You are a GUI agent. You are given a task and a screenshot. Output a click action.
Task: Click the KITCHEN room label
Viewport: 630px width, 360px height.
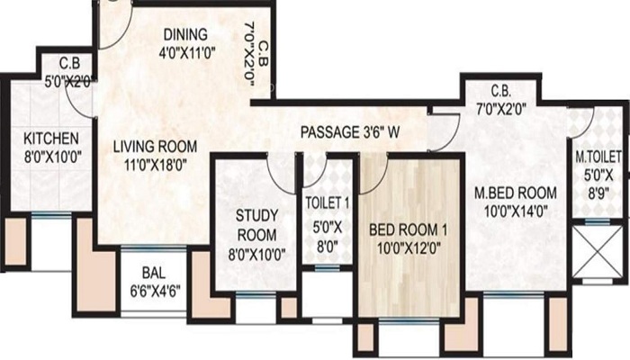click(x=51, y=139)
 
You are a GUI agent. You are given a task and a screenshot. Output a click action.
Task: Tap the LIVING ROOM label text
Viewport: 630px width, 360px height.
click(x=155, y=146)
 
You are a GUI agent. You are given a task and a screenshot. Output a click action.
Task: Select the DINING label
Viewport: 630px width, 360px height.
click(x=185, y=34)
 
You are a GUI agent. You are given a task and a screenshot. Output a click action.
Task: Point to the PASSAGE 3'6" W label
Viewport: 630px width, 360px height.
click(x=350, y=132)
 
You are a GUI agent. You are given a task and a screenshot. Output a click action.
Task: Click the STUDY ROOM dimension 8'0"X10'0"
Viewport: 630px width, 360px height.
click(x=256, y=255)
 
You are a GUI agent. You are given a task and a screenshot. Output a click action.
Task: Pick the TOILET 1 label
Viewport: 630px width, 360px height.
click(x=328, y=203)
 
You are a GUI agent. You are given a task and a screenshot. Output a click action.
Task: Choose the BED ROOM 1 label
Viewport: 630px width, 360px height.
click(x=409, y=230)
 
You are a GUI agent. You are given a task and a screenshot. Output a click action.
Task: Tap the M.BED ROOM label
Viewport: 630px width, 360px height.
click(x=516, y=193)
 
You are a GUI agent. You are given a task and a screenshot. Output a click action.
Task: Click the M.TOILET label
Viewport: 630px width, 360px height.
click(x=598, y=157)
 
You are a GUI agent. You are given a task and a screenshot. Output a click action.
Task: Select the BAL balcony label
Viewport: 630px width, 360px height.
click(x=154, y=274)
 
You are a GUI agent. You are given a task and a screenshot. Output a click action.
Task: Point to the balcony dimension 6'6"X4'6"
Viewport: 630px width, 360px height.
click(x=155, y=291)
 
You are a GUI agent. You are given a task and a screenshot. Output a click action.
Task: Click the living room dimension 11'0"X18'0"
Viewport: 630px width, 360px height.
click(x=156, y=165)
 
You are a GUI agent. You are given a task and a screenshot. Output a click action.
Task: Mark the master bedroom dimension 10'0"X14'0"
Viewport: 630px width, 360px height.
click(x=516, y=211)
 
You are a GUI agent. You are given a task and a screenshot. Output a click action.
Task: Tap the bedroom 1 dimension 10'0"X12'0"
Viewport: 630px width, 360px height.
click(x=409, y=247)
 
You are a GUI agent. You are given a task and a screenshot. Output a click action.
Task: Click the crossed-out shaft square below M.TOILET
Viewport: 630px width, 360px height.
click(x=598, y=252)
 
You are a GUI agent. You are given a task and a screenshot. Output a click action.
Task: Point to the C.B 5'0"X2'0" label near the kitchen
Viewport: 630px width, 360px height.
click(x=70, y=73)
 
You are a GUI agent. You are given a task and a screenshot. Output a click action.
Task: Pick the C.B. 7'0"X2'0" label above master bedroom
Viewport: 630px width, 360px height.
click(x=501, y=100)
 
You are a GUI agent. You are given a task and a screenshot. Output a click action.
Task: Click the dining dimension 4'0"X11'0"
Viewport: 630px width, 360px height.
click(x=187, y=53)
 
